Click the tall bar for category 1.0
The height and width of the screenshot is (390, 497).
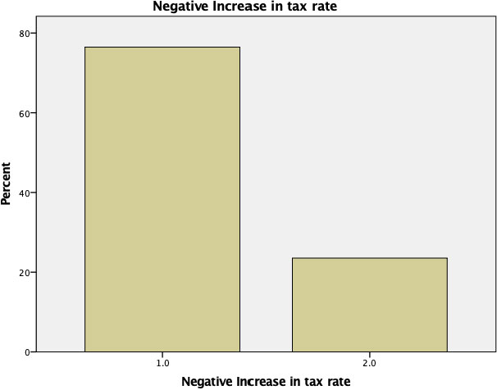click(x=162, y=199)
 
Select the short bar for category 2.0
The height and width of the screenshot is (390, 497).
click(x=369, y=305)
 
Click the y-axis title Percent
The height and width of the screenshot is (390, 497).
click(x=7, y=187)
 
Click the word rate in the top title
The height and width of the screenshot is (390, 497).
click(x=320, y=8)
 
